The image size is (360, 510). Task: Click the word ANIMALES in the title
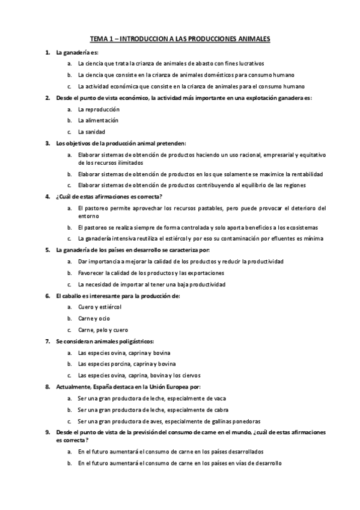click(x=252, y=39)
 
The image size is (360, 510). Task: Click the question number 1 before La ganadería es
click(x=47, y=53)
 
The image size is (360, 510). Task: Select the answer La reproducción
click(x=99, y=109)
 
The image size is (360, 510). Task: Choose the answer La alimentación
click(x=99, y=120)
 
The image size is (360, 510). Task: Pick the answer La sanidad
click(x=91, y=132)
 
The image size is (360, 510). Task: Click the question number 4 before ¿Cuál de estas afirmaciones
click(x=47, y=196)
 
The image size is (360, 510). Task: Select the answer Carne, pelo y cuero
click(x=103, y=330)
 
